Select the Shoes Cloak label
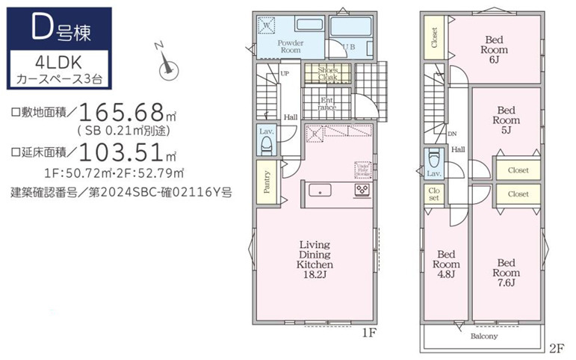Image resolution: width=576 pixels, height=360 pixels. (327, 73)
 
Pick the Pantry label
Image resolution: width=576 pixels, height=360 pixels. (267, 181)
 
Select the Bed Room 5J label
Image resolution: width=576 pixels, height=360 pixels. (507, 120)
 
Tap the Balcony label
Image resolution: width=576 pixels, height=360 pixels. (484, 336)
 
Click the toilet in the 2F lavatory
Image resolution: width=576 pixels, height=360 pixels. (433, 161)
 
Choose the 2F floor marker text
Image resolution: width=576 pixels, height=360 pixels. (555, 348)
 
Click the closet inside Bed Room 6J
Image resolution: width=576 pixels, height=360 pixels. (434, 37)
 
